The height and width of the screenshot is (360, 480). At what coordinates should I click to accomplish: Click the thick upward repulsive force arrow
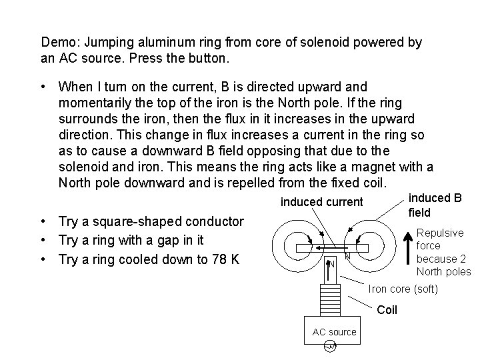pyautogui.click(x=407, y=253)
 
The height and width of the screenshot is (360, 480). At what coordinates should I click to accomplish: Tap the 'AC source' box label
pyautogui.click(x=334, y=332)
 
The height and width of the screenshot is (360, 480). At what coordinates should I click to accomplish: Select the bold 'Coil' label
pyautogui.click(x=387, y=310)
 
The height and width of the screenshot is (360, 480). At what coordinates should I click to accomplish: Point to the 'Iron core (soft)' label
pyautogui.click(x=403, y=289)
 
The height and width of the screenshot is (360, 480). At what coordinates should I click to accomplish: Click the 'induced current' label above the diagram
pyautogui.click(x=321, y=201)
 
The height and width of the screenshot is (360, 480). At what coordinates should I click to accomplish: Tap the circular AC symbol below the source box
pyautogui.click(x=328, y=346)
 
